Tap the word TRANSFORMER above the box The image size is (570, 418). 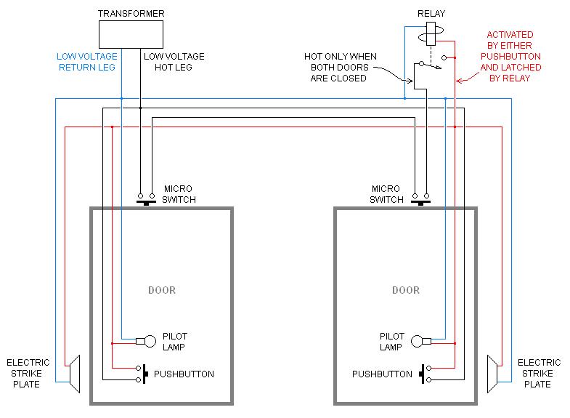tap(131, 14)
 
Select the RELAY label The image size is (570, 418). tap(431, 14)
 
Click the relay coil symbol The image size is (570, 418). tap(431, 34)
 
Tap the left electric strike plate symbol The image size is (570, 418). tap(75, 374)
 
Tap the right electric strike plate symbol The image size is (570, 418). tap(492, 374)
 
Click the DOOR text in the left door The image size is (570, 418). tap(162, 290)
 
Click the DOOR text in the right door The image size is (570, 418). tap(406, 290)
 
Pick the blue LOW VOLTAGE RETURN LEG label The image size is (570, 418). tap(87, 62)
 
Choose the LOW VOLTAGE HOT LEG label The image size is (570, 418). tap(174, 62)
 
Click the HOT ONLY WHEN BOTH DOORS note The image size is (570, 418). tap(340, 68)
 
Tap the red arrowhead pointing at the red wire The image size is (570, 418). tap(459, 81)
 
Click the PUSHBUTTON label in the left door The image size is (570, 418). tap(184, 374)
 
